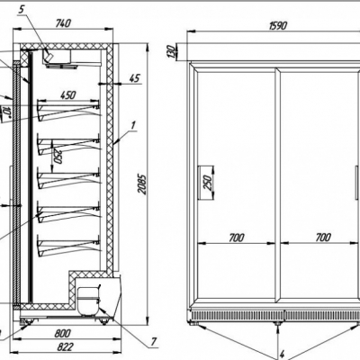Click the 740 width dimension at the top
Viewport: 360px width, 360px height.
(63, 23)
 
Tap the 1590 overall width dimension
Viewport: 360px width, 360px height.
(278, 26)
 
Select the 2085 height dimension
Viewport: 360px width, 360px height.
(142, 184)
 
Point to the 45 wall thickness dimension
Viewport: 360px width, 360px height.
(135, 78)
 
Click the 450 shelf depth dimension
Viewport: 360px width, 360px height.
(68, 95)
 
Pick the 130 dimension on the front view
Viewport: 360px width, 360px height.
(170, 51)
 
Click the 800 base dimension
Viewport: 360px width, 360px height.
(63, 333)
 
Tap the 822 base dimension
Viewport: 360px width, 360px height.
(65, 347)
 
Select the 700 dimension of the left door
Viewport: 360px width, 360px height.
(237, 238)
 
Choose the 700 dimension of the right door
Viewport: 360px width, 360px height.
(323, 238)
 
